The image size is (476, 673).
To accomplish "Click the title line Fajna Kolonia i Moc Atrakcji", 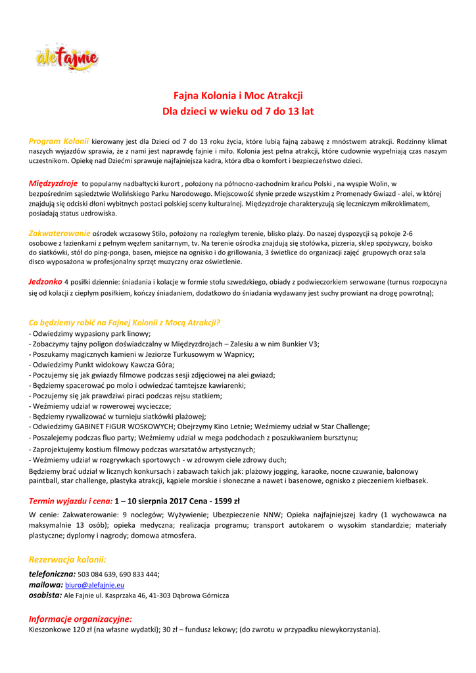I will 238,96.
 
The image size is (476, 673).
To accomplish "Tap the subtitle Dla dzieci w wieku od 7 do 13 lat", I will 238,112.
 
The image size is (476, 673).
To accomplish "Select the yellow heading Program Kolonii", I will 59,141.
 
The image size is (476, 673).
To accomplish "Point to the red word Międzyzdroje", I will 53,183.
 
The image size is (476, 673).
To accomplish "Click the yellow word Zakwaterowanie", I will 59,233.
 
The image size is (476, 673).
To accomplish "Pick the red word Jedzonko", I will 45,281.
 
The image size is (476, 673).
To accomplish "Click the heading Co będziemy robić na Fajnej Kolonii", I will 124,322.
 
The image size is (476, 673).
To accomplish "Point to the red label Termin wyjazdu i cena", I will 71,501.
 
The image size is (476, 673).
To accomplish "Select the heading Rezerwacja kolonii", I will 67,559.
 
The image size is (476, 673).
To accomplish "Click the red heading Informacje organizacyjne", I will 80,618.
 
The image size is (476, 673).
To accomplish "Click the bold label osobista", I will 45,595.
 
